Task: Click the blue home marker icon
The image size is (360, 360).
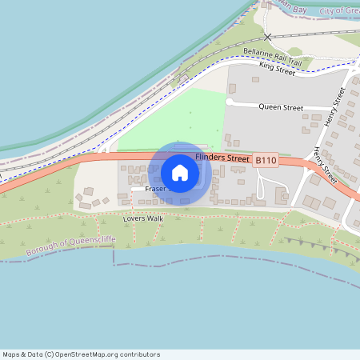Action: (180, 173)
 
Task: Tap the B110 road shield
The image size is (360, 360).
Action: (266, 161)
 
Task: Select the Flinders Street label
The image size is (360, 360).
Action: (222, 158)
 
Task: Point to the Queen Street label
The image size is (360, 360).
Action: (281, 107)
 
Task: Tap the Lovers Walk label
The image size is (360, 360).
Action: (143, 218)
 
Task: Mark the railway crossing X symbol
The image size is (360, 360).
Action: (268, 37)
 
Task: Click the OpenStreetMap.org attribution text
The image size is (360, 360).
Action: (114, 354)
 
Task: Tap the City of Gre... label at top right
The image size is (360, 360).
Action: (339, 10)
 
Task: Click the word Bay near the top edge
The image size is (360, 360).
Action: (301, 7)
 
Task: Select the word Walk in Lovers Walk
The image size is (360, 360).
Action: (154, 218)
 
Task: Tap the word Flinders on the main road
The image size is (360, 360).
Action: (210, 158)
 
